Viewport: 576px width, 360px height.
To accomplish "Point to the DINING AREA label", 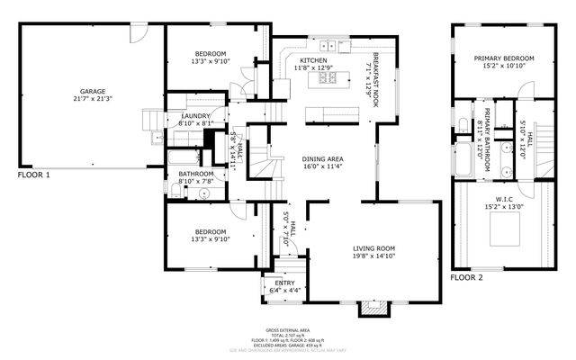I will point(322,159).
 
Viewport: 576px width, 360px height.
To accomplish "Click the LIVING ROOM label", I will point(373,248).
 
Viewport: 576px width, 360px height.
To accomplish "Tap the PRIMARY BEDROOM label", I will point(504,58).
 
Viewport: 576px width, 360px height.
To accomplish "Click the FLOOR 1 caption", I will point(33,175).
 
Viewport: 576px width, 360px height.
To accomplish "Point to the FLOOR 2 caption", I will point(467,278).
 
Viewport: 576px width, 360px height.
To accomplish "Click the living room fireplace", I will point(373,309).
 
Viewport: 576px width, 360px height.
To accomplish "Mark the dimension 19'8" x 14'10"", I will point(373,256).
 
